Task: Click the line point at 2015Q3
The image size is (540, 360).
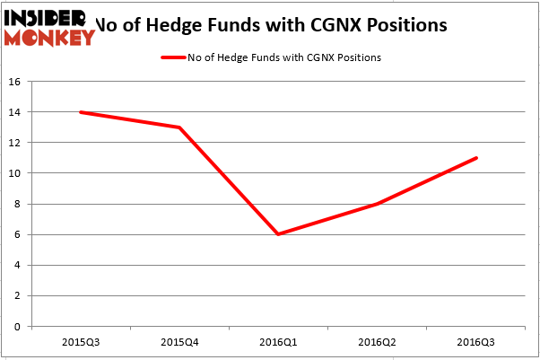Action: coord(81,112)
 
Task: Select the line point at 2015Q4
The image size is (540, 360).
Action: coord(179,127)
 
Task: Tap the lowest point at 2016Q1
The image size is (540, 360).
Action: coord(278,234)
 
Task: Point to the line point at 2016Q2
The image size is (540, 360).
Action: coord(377,204)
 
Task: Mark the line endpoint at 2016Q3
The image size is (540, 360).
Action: coord(475,158)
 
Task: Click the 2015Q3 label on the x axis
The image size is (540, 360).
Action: coord(81,342)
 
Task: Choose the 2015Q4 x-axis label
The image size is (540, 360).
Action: coord(179,342)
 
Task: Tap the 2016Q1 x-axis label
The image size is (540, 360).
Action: coord(278,342)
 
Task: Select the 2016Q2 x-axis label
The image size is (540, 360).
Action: coord(377,342)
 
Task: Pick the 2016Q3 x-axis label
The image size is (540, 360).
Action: coord(475,342)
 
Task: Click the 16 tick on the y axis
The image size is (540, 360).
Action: coord(14,82)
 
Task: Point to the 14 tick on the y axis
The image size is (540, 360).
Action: coord(14,112)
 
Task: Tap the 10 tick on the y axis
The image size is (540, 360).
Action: coord(14,173)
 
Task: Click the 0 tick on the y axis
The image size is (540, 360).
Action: coord(17,327)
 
